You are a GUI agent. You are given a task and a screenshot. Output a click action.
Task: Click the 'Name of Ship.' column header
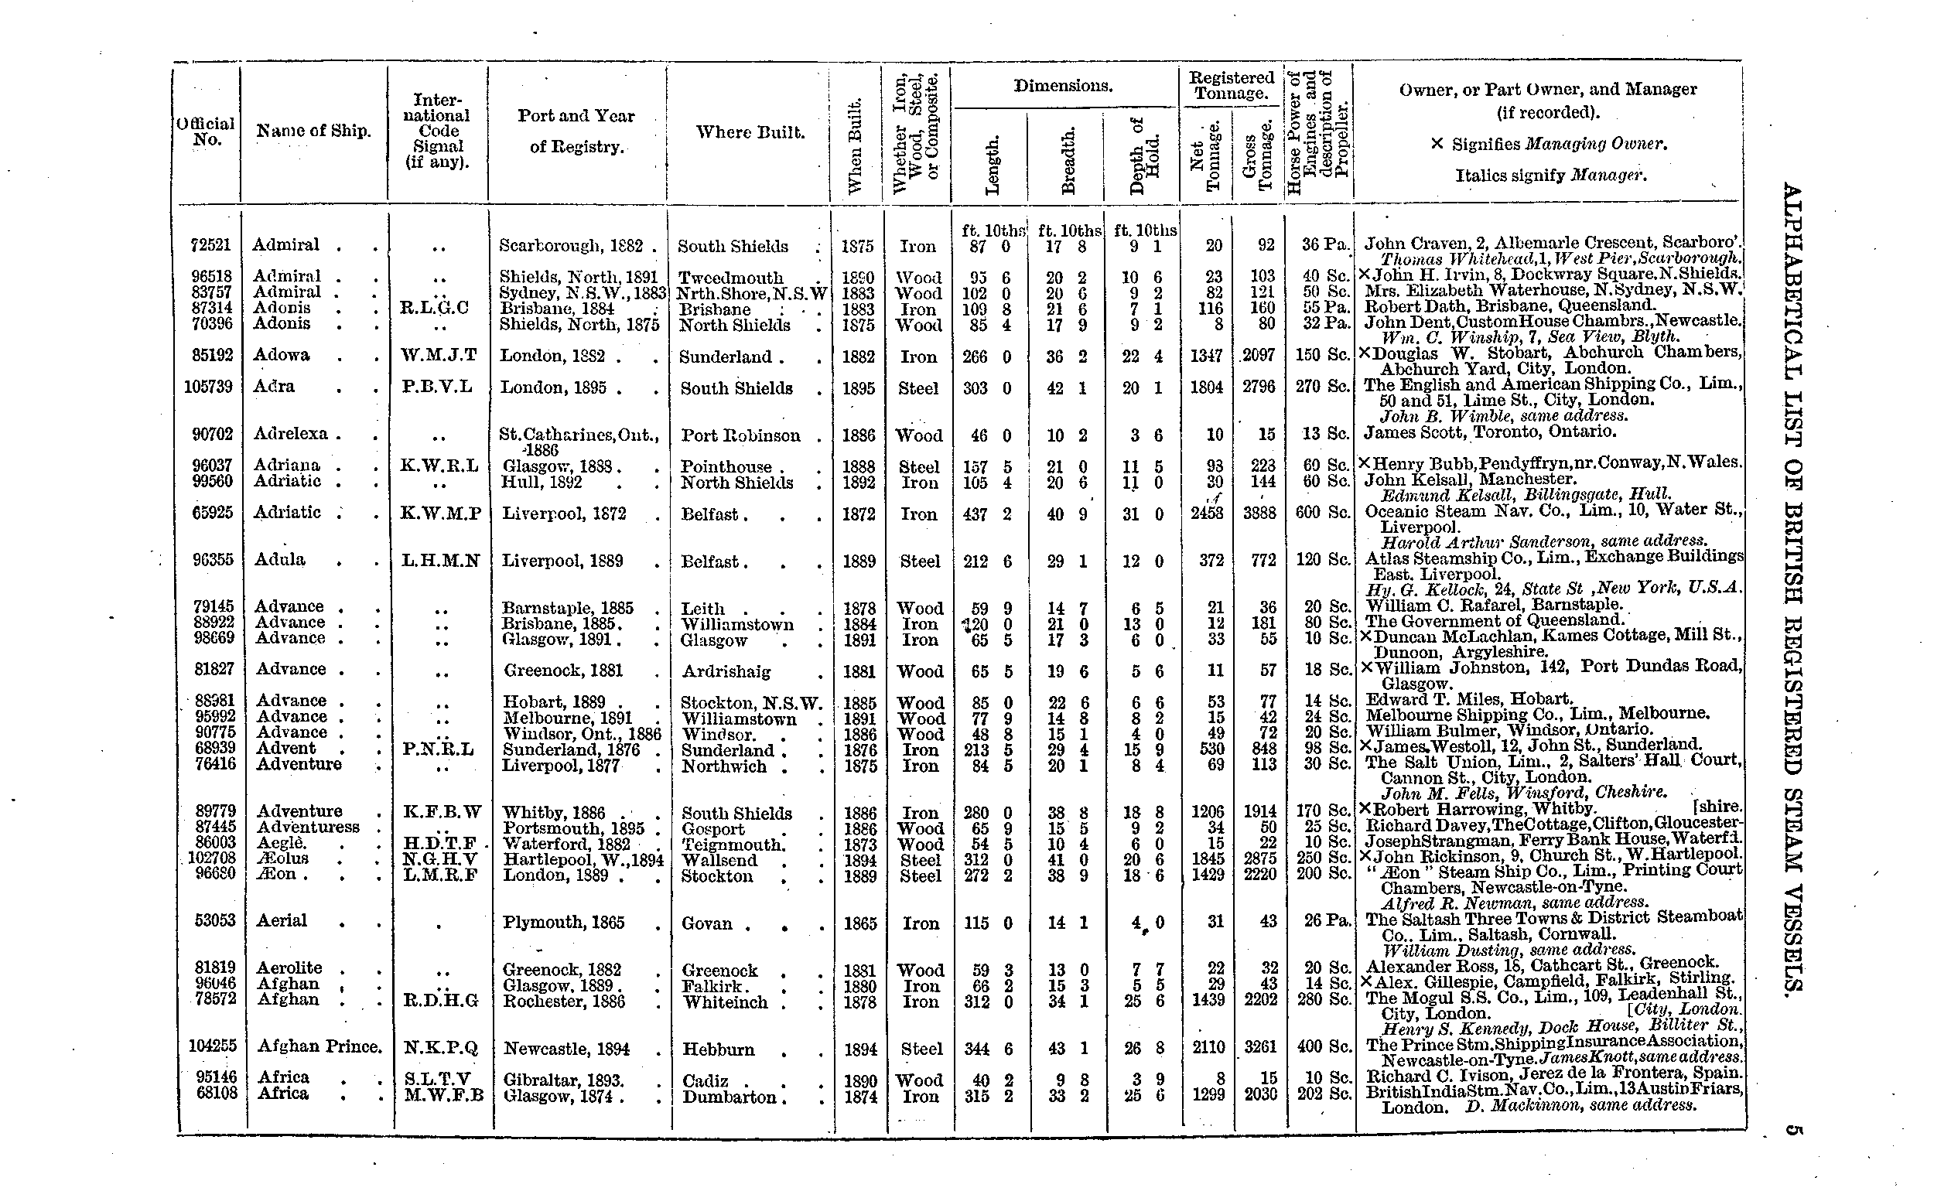[x=313, y=131]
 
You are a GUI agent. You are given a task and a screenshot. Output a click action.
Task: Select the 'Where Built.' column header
[x=750, y=132]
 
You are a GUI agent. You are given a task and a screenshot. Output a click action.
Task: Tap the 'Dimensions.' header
[x=1063, y=86]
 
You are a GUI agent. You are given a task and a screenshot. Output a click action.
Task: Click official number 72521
[x=210, y=245]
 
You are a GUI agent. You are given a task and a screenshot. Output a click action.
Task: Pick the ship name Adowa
[x=282, y=355]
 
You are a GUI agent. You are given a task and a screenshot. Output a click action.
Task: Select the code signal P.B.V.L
[x=436, y=387]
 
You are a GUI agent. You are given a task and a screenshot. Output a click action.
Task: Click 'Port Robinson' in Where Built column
[x=740, y=435]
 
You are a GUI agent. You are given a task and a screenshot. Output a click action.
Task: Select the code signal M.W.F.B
[x=442, y=1095]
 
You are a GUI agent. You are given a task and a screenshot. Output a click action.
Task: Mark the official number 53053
[x=213, y=921]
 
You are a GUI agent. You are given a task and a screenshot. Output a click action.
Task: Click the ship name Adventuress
[x=308, y=827]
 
